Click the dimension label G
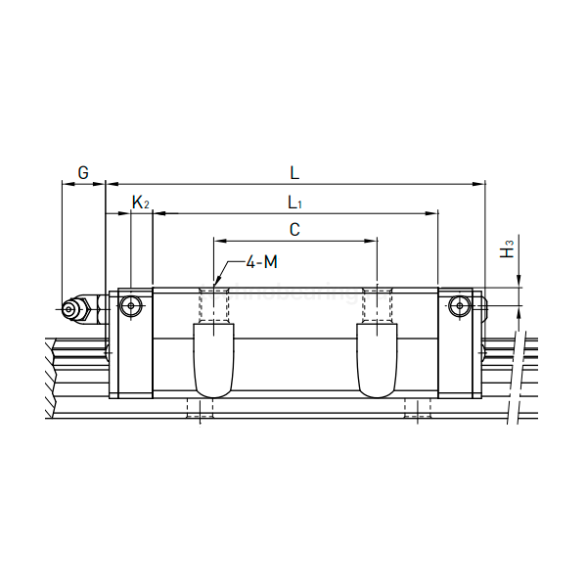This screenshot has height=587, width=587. [x=83, y=173]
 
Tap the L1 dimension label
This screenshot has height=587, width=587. [x=294, y=203]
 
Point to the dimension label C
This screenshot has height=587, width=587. [x=294, y=230]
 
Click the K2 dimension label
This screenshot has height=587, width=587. [x=141, y=203]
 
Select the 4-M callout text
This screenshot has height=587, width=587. [x=260, y=262]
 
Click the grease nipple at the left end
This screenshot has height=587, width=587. [x=73, y=309]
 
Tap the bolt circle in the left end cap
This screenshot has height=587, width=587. [x=131, y=307]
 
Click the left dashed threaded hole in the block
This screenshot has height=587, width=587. [x=213, y=304]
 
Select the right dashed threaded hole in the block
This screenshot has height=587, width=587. [x=378, y=304]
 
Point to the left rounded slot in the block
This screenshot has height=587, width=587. [x=213, y=360]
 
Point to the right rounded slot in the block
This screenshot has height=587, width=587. [x=378, y=360]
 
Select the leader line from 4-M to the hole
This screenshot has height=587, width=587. [x=227, y=272]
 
